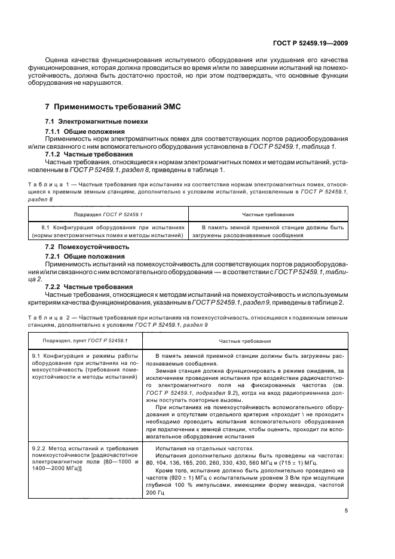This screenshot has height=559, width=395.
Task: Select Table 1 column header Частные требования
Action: pos(267,214)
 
